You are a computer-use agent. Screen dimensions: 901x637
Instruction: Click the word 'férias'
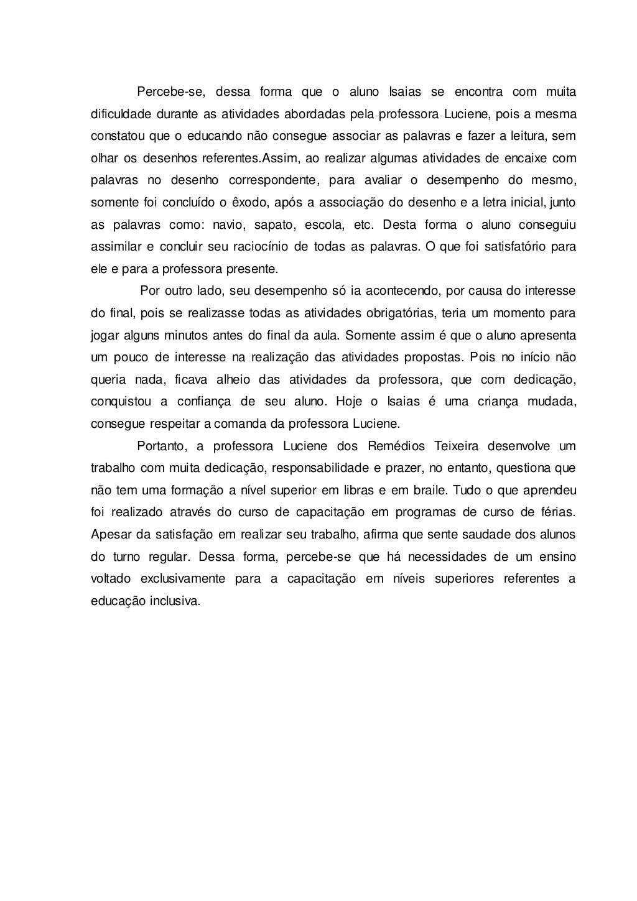(556, 512)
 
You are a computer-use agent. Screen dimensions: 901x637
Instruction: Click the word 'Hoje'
(348, 402)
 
